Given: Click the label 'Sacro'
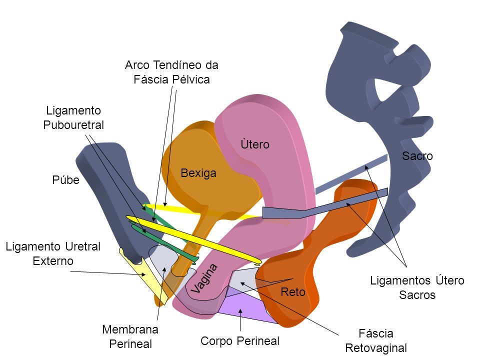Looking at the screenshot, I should coord(417,156).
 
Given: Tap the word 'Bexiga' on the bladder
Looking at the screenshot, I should coord(198,173).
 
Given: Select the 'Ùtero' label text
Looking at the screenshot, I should coord(254,144).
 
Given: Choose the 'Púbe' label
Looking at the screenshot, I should coord(65,180).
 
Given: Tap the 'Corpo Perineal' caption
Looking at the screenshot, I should coord(239,341).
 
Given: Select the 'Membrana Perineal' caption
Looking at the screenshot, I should coord(130,336).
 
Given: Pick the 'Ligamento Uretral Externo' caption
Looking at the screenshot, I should coord(53,253).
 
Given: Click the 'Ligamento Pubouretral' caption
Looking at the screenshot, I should coord(74,117).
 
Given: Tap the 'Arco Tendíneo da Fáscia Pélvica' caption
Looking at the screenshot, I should coord(172,72).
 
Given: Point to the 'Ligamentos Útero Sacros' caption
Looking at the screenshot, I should coord(417,288).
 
